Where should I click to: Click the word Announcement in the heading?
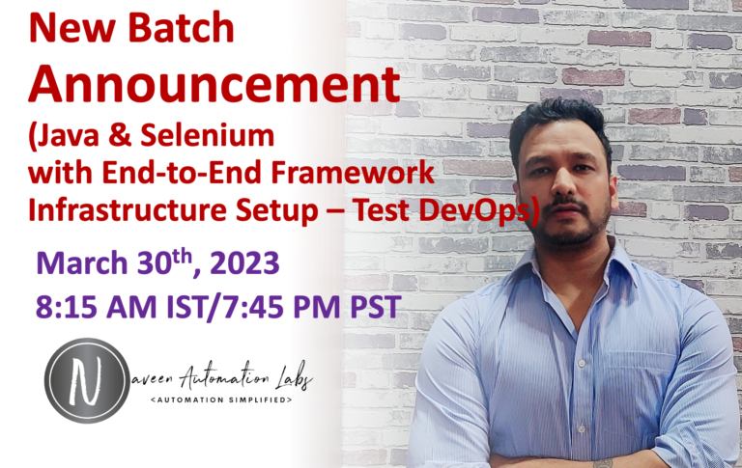pyautogui.click(x=214, y=85)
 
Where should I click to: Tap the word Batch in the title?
pyautogui.click(x=182, y=28)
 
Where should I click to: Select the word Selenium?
pyautogui.click(x=208, y=135)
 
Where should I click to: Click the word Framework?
pyautogui.click(x=353, y=173)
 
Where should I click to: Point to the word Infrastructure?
pyautogui.click(x=128, y=210)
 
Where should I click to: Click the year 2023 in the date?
pyautogui.click(x=244, y=262)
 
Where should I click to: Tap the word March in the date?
pyautogui.click(x=82, y=262)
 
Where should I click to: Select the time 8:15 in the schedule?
pyautogui.click(x=68, y=306)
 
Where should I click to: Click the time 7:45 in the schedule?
pyautogui.click(x=254, y=306)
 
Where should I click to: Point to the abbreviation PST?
pyautogui.click(x=376, y=306)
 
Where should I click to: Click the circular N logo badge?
pyautogui.click(x=87, y=380)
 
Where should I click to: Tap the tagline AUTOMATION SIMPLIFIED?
pyautogui.click(x=221, y=399)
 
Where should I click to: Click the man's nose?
pyautogui.click(x=562, y=182)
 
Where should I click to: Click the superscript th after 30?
pyautogui.click(x=183, y=257)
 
